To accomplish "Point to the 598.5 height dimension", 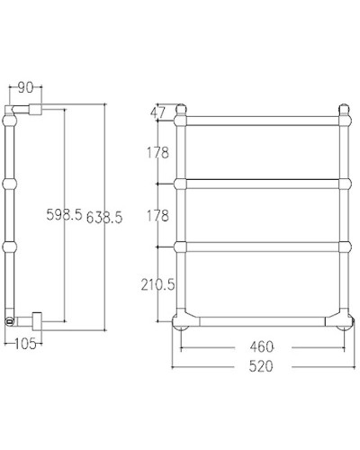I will (x=65, y=214).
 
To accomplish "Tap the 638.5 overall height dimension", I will (x=104, y=214).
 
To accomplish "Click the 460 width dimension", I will (x=262, y=346).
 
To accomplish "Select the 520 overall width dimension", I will (x=262, y=365).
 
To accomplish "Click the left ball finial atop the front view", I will (x=181, y=112).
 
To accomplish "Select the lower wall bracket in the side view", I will (x=36, y=318).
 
